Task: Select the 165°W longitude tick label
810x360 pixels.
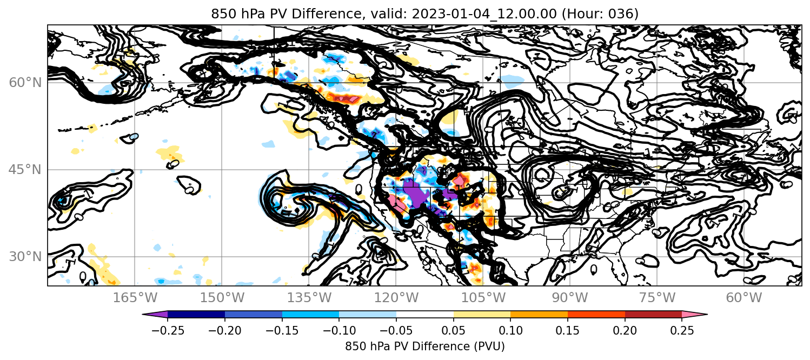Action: pyautogui.click(x=135, y=298)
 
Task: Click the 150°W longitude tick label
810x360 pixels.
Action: pyautogui.click(x=222, y=298)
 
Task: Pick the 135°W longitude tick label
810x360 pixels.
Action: pyautogui.click(x=309, y=298)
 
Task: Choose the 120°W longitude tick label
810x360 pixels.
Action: pyautogui.click(x=396, y=298)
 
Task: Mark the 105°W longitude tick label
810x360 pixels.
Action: pyautogui.click(x=483, y=298)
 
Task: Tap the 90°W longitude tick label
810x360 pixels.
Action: pyautogui.click(x=570, y=298)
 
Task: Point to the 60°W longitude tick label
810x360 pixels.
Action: pyautogui.click(x=744, y=298)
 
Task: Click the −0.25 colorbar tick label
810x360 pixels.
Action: pyautogui.click(x=168, y=330)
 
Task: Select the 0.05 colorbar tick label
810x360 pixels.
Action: pyautogui.click(x=454, y=330)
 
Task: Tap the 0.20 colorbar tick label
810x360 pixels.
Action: pyautogui.click(x=625, y=330)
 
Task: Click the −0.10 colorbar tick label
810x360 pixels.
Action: pyautogui.click(x=339, y=330)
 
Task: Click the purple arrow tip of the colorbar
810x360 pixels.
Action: pyautogui.click(x=143, y=315)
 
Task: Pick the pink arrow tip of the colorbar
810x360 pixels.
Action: pyautogui.click(x=707, y=315)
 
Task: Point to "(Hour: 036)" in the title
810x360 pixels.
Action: pyautogui.click(x=600, y=14)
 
